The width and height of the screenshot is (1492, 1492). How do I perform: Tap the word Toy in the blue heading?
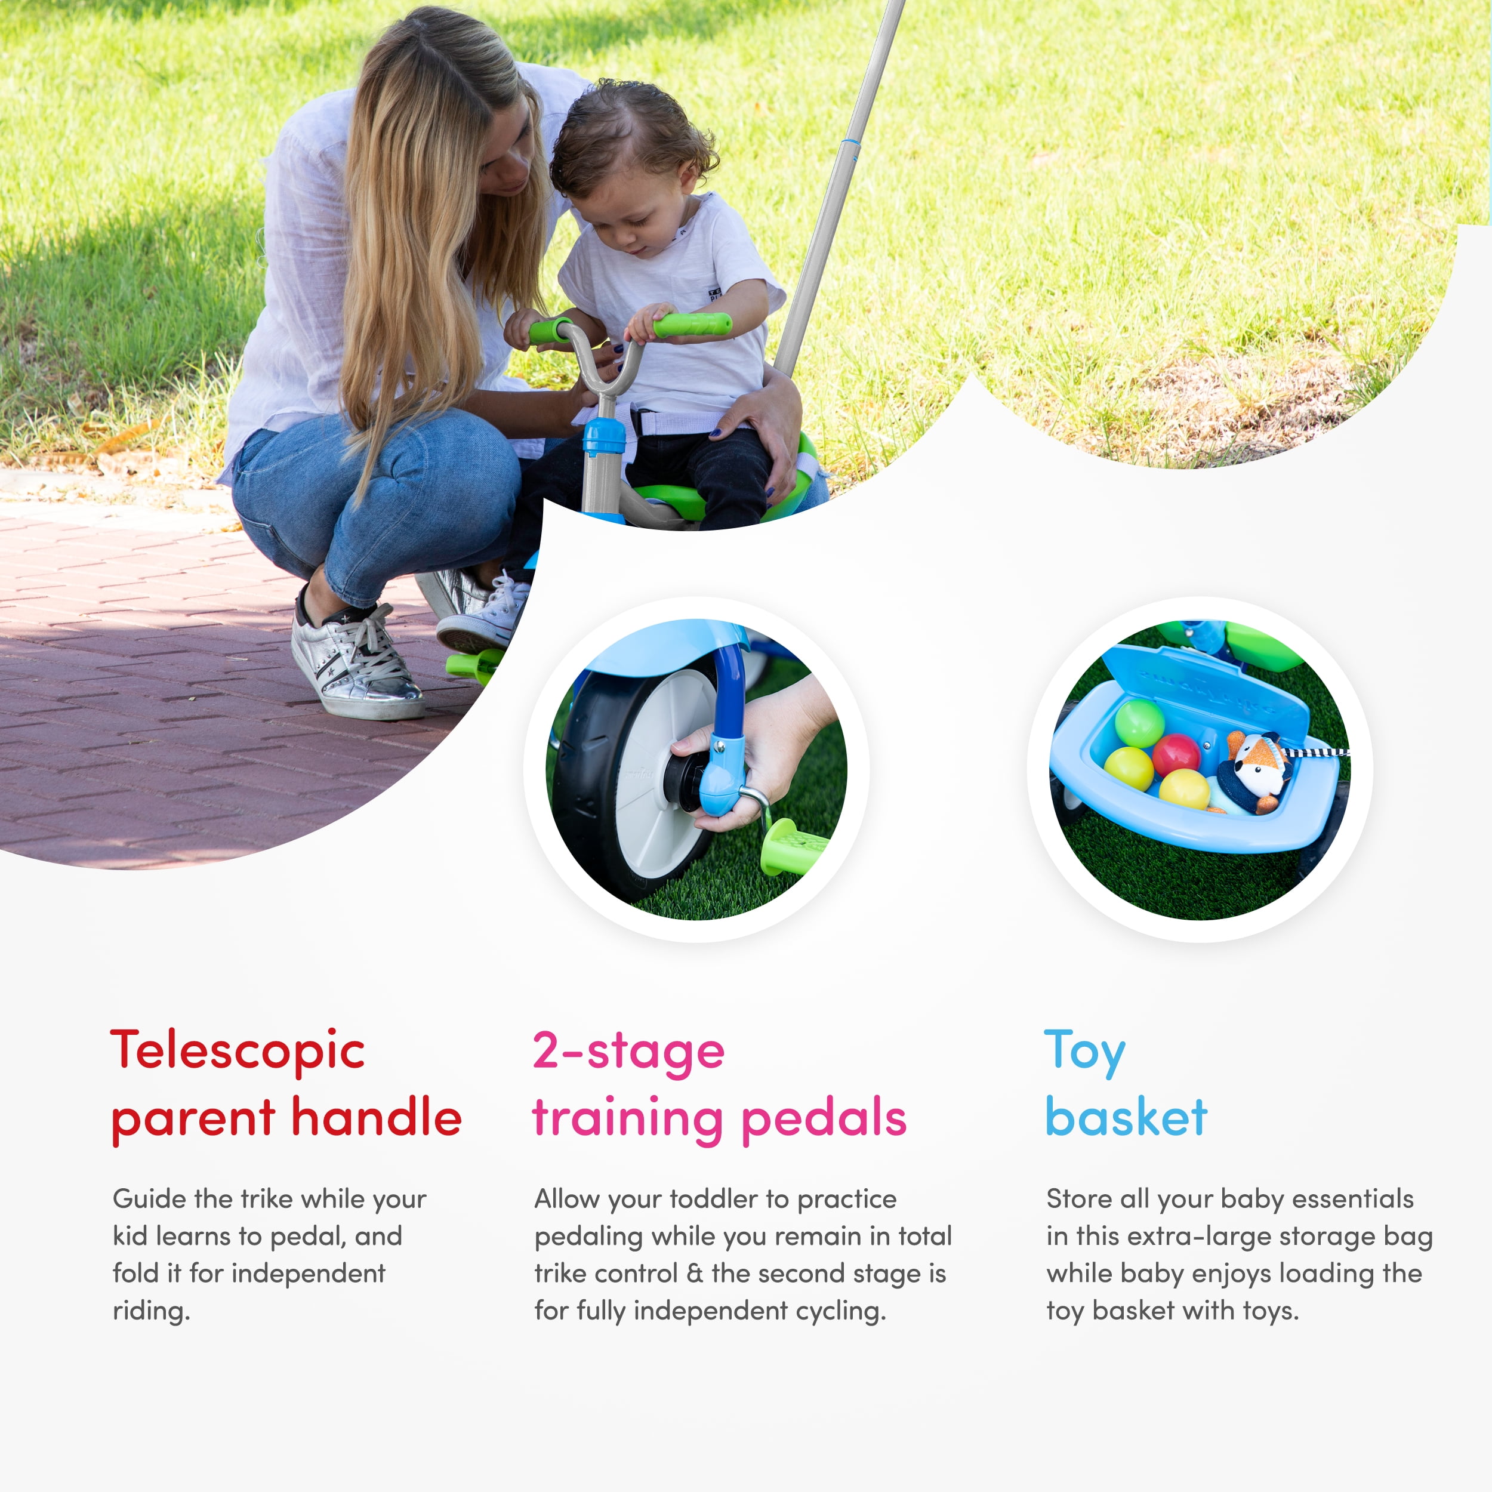[1084, 1052]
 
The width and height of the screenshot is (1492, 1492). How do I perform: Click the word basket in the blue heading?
[1126, 1117]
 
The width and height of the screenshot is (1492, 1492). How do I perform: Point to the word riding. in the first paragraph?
[152, 1311]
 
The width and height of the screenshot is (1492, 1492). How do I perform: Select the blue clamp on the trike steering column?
[604, 436]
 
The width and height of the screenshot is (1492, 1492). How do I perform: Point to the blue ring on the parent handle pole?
[849, 144]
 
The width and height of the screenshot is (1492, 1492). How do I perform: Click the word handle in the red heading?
[376, 1117]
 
